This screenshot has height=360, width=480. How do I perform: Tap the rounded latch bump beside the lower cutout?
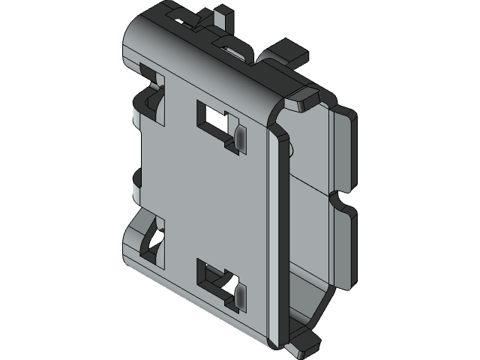pos(239,295)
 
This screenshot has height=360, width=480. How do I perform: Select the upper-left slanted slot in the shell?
pos(154,91)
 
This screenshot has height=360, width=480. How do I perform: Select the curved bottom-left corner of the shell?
pos(135,259)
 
